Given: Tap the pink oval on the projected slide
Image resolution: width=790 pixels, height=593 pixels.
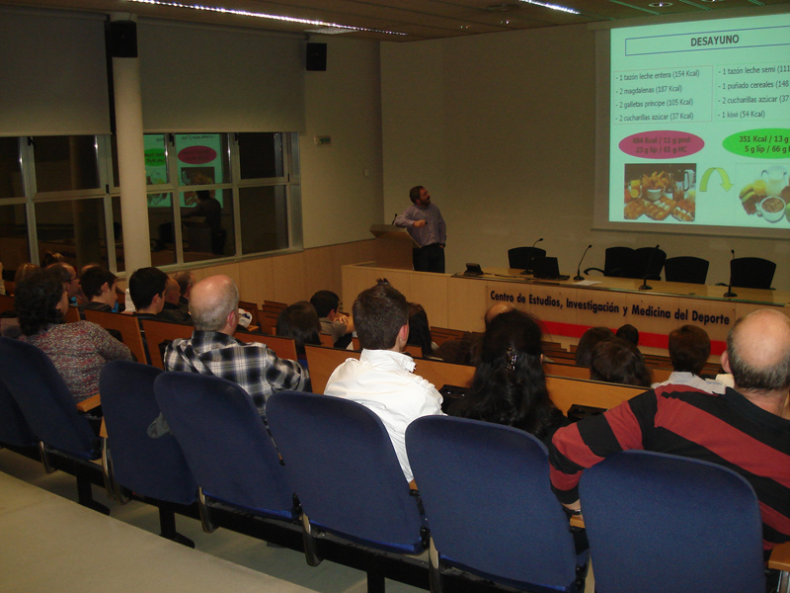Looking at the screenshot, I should pyautogui.click(x=661, y=144).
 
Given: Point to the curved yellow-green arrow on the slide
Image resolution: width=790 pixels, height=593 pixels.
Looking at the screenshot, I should pyautogui.click(x=715, y=178).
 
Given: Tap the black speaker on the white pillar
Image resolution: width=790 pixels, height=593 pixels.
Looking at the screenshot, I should pyautogui.click(x=122, y=39).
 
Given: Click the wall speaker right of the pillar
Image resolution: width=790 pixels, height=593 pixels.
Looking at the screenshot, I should pyautogui.click(x=316, y=56).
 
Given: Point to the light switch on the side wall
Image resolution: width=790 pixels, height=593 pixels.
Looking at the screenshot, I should pyautogui.click(x=323, y=139).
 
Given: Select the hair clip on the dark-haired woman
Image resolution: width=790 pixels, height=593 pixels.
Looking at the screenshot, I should pyautogui.click(x=512, y=357).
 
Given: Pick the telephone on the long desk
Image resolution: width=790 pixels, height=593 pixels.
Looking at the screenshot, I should pyautogui.click(x=474, y=269).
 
